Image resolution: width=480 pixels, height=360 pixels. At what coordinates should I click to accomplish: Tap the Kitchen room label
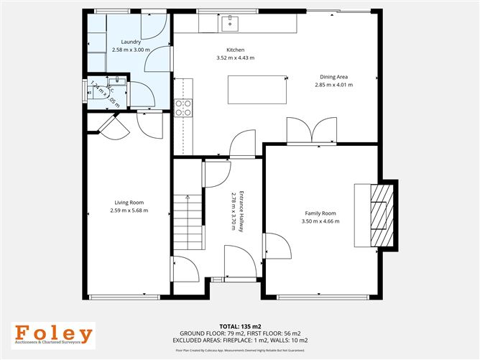[227, 50]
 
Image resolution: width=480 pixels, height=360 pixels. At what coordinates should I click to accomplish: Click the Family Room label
[320, 213]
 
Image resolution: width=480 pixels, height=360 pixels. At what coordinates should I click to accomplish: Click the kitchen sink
[231, 22]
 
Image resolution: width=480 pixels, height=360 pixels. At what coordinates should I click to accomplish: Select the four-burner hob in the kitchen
[183, 107]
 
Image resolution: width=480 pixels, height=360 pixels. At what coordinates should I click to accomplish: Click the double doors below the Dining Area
[312, 132]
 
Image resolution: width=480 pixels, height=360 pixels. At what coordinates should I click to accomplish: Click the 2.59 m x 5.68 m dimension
[129, 211]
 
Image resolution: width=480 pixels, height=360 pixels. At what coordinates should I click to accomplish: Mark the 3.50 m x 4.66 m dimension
[320, 221]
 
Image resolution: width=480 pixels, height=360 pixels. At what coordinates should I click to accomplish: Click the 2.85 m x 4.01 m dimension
[333, 85]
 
